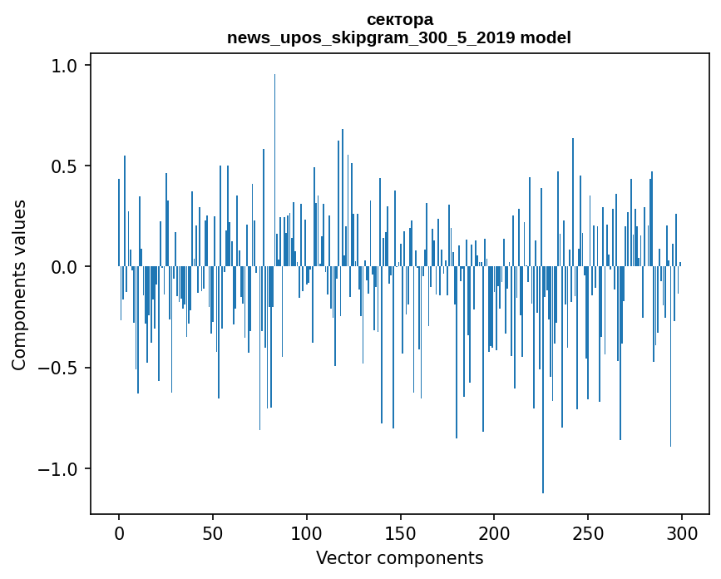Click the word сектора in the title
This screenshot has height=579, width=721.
point(399,19)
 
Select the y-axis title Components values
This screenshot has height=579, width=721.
point(19,285)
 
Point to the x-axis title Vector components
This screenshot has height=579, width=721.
point(399,557)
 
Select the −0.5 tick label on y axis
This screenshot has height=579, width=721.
point(61,368)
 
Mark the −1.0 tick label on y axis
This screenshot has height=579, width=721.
point(61,469)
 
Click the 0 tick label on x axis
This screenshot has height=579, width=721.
point(119,533)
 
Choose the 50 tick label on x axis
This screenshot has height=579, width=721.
point(213,533)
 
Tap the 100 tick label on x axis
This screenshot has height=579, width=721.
point(307,533)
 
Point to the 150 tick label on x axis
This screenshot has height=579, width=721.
point(400,533)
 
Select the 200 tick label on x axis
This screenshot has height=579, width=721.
point(494,533)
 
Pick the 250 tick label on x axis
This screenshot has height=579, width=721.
point(588,533)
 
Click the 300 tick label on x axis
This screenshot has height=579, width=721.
point(682,533)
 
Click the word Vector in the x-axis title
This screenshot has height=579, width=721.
point(341,557)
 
